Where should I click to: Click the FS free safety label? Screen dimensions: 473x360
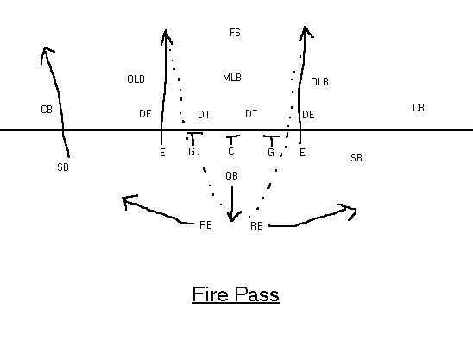235,33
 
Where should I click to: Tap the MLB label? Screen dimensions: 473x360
232,78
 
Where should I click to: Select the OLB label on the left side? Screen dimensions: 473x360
136,79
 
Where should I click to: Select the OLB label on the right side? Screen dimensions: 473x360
319,81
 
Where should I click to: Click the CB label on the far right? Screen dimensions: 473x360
419,108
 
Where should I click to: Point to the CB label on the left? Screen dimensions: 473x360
47,110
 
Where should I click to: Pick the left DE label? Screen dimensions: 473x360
145,114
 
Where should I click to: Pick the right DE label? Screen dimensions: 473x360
308,115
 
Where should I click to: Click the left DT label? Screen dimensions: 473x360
204,115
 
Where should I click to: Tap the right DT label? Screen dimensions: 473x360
251,114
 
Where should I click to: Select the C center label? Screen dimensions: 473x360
231,151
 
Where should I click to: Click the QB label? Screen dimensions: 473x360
231,176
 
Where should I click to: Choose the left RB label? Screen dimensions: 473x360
205,225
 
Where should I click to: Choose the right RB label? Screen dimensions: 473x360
256,226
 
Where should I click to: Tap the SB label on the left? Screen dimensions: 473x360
63,167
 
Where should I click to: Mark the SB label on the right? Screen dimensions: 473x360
356,157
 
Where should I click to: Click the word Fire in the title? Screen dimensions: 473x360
210,294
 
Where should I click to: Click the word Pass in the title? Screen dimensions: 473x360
257,294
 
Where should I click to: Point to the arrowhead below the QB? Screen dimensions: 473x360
232,217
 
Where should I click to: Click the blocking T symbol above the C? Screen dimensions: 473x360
231,140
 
